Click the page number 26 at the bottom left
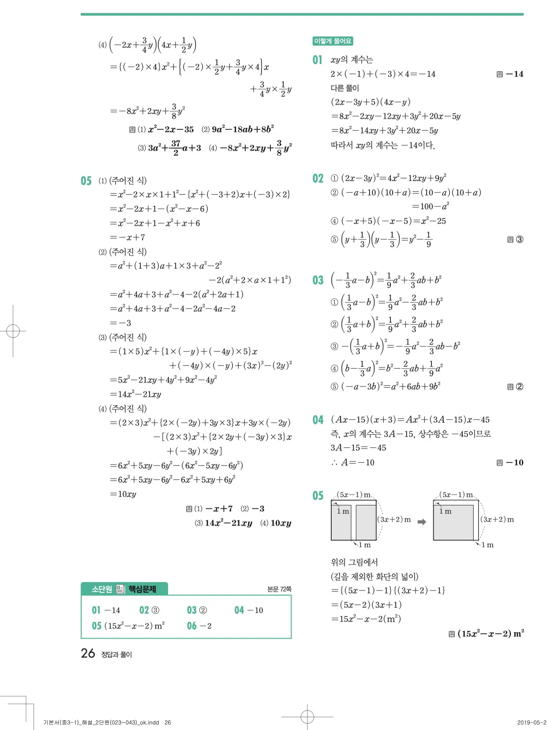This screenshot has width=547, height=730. [x=88, y=653]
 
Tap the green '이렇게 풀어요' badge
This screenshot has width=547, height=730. [x=333, y=41]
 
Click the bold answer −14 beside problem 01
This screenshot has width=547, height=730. [x=514, y=74]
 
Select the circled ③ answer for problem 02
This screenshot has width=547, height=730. [x=520, y=240]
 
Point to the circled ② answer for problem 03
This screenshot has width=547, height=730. [x=520, y=387]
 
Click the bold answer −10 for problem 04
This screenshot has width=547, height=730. [x=514, y=463]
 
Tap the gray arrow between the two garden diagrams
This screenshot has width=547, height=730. [x=422, y=522]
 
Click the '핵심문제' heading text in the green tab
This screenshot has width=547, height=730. [x=142, y=589]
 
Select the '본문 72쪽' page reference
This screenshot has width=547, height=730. [x=279, y=589]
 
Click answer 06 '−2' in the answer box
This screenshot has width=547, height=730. [x=199, y=626]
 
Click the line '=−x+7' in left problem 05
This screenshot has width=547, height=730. [x=127, y=237]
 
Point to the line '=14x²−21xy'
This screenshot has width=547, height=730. [x=135, y=394]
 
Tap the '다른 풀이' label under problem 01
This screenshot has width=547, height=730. [x=345, y=88]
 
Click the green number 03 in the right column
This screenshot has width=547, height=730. [x=318, y=280]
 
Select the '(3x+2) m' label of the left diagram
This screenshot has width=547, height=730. [x=394, y=519]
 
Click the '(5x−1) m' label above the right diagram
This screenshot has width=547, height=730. [x=456, y=495]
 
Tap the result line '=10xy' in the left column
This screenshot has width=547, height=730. [x=123, y=494]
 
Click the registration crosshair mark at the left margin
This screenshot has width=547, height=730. [x=13, y=331]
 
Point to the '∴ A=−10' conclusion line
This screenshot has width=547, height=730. [x=352, y=463]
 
